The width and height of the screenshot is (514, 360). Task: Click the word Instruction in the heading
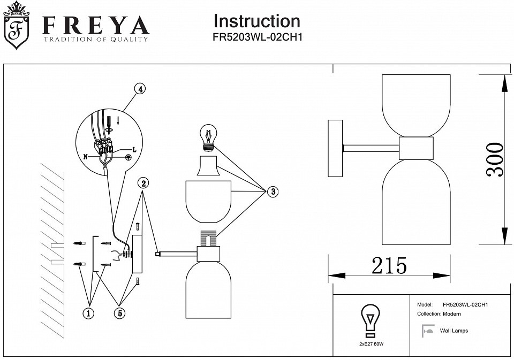click(x=256, y=21)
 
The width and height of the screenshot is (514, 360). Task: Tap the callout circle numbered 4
click(x=140, y=89)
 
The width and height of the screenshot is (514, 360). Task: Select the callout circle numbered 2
click(x=143, y=183)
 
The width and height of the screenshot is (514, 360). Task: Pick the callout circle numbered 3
click(x=273, y=192)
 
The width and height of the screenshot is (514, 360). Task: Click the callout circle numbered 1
click(x=88, y=313)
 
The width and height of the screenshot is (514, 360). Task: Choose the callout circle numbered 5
click(x=119, y=313)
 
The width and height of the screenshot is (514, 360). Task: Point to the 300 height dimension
click(x=494, y=160)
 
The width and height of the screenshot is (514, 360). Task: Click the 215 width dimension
click(x=389, y=265)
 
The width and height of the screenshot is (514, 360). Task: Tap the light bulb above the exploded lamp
click(x=208, y=137)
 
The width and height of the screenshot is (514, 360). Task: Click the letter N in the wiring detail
click(x=86, y=157)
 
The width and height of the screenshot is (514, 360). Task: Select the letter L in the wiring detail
click(x=134, y=150)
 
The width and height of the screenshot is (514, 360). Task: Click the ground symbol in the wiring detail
click(x=128, y=158)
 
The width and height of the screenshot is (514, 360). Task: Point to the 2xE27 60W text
click(x=371, y=344)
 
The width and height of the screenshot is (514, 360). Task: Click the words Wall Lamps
click(x=453, y=331)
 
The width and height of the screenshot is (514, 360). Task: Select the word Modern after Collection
click(x=452, y=314)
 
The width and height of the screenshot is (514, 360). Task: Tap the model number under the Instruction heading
click(x=258, y=37)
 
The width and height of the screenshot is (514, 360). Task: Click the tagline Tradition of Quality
click(x=96, y=39)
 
